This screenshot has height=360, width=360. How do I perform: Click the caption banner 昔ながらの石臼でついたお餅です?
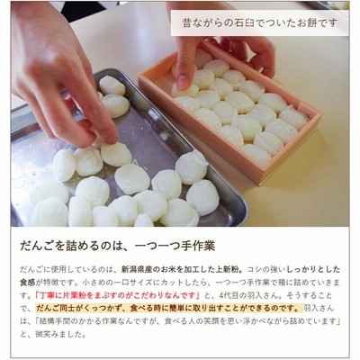click(260, 23)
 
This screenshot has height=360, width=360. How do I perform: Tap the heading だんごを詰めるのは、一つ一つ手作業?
click(117, 246)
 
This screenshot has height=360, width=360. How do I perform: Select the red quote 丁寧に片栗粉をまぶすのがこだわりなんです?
click(117, 295)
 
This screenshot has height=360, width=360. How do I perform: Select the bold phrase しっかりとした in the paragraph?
click(313, 269)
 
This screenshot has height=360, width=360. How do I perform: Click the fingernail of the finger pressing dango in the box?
click(183, 81)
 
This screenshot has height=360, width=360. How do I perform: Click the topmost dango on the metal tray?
click(112, 85)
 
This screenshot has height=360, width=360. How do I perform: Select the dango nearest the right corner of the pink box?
click(293, 118)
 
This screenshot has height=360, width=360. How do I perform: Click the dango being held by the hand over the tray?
click(115, 154)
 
